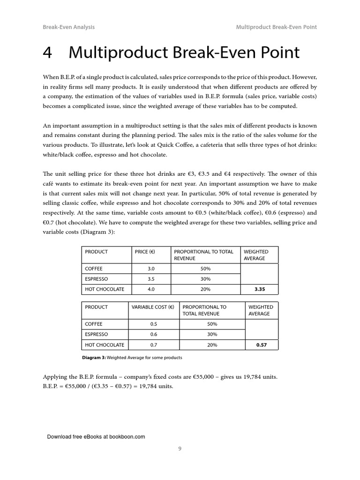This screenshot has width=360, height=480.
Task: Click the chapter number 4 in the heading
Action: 47,52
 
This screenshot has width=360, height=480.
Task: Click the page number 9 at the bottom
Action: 180,449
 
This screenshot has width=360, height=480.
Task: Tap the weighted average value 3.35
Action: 260,289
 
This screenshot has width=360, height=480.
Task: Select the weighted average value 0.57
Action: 261,345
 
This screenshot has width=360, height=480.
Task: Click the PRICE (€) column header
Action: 145,252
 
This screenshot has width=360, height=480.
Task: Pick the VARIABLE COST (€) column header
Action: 153,307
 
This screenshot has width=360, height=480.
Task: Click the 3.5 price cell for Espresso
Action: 150,279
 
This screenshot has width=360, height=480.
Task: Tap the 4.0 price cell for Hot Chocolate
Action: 150,289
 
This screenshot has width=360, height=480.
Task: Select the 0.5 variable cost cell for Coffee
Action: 153,324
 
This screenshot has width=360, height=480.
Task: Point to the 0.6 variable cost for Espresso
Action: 153,334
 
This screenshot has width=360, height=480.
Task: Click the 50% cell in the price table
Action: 205,269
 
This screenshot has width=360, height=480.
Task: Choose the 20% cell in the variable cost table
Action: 212,345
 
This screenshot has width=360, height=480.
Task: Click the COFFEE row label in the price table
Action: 94,269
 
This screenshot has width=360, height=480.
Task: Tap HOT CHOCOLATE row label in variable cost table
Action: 105,345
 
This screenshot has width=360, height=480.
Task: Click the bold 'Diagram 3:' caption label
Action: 94,358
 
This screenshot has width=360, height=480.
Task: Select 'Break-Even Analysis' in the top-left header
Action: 68,27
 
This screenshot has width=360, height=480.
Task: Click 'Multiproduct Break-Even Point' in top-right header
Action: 277,27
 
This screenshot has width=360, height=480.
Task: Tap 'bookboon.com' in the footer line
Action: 127,436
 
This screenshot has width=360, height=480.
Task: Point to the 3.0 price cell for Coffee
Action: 150,269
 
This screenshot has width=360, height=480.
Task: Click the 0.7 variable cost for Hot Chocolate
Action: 153,345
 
